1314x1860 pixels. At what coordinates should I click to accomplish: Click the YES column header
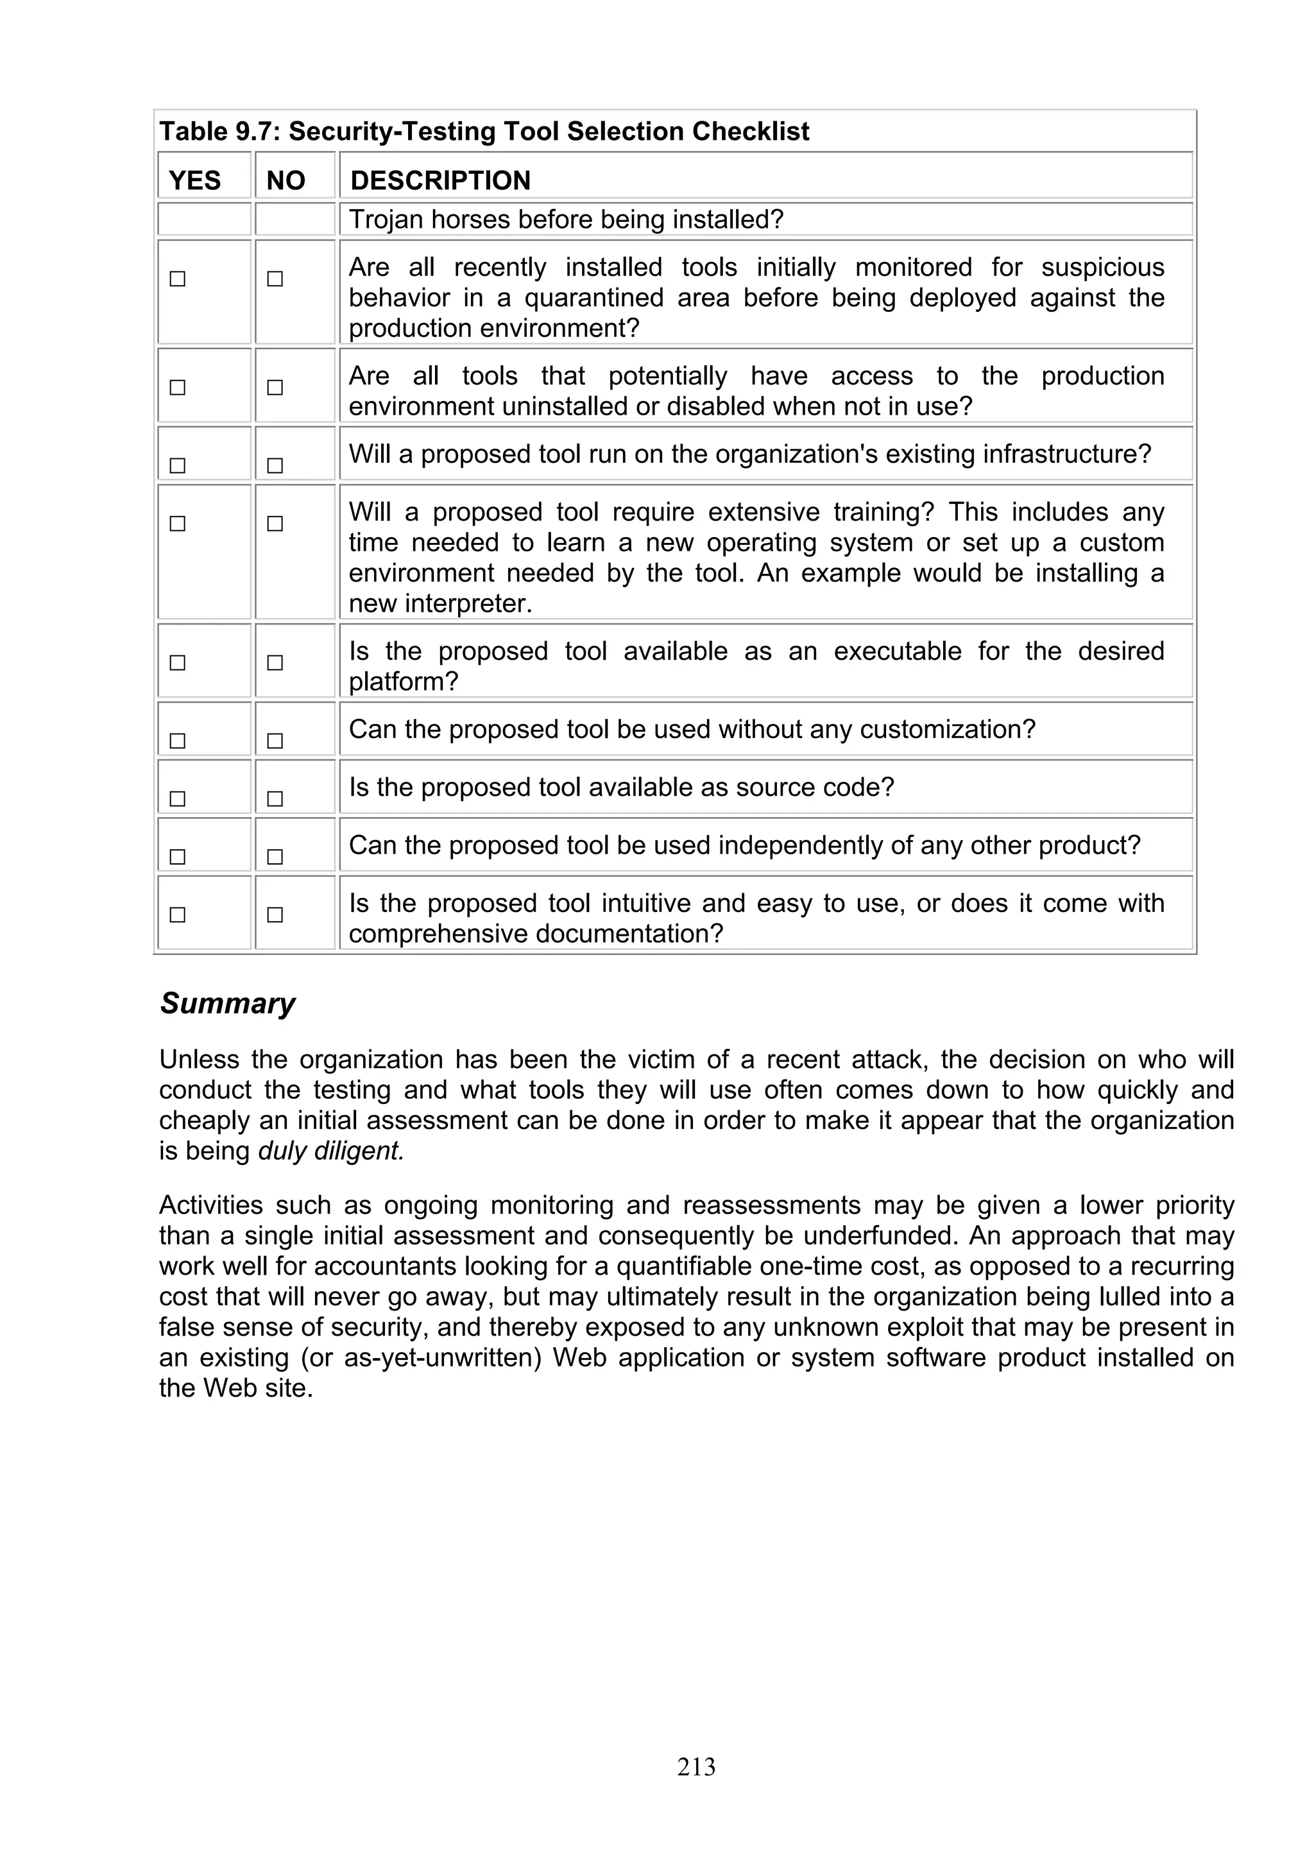coord(194,180)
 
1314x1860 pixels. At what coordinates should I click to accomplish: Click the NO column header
coord(285,180)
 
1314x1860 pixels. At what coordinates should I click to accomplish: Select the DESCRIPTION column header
coord(439,180)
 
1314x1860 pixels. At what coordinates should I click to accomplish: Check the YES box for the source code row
coord(177,799)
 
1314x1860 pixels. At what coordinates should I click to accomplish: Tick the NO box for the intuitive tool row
coord(275,915)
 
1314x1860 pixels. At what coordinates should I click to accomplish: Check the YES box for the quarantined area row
coord(177,279)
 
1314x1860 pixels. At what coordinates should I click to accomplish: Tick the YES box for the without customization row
coord(177,741)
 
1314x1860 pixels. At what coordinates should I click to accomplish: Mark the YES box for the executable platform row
coord(177,662)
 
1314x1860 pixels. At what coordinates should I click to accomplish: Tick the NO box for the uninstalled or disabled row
coord(275,387)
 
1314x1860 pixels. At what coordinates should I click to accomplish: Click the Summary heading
coord(228,1003)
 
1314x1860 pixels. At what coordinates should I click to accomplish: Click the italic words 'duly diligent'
coord(330,1151)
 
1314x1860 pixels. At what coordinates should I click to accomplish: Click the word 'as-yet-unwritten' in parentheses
coord(442,1357)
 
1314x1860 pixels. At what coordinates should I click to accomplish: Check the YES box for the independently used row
coord(177,856)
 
